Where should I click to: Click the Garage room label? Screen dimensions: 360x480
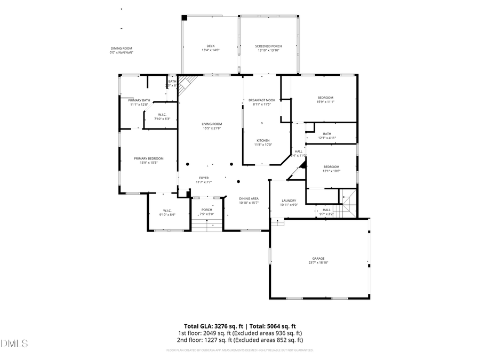click(x=318, y=260)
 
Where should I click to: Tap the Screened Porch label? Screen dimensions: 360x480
click(x=268, y=48)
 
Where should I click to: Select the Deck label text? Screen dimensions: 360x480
click(x=211, y=48)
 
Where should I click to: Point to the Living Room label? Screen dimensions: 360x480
click(x=211, y=126)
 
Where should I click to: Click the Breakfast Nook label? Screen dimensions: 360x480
click(x=262, y=102)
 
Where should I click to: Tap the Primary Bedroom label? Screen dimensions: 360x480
click(x=148, y=160)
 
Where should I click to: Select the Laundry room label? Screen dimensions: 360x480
click(x=289, y=203)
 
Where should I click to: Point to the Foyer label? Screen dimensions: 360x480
click(x=204, y=180)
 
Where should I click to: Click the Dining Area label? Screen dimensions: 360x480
click(x=249, y=200)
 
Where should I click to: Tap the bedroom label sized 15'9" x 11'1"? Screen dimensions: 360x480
click(x=325, y=99)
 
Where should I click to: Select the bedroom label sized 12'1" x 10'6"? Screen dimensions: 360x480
click(x=331, y=169)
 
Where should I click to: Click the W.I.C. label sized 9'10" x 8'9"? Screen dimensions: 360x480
click(x=167, y=212)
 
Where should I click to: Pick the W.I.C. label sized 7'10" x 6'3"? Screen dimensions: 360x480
click(x=162, y=117)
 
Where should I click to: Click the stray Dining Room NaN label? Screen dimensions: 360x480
click(x=121, y=50)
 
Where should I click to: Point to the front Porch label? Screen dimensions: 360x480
click(x=206, y=212)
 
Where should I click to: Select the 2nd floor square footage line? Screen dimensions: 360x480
click(x=240, y=340)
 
